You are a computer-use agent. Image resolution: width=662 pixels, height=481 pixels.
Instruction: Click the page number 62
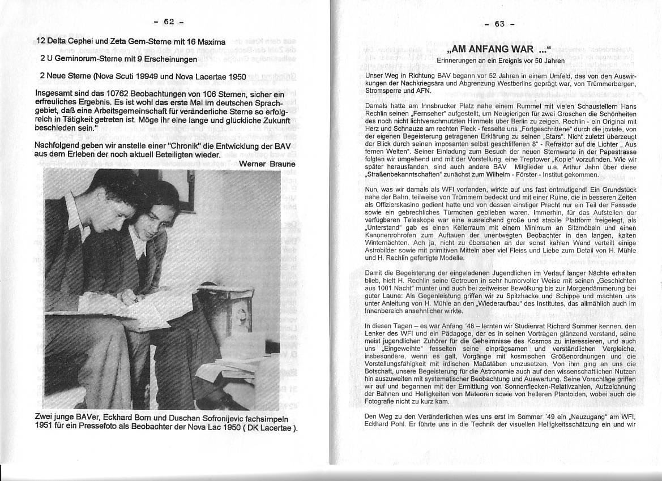click(169, 22)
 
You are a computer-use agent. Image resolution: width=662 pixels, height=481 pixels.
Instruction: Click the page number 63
click(499, 24)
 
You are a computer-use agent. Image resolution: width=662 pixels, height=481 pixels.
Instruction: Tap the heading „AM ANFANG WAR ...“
click(499, 49)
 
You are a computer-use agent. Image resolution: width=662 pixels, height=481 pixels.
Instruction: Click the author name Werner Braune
click(267, 164)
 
